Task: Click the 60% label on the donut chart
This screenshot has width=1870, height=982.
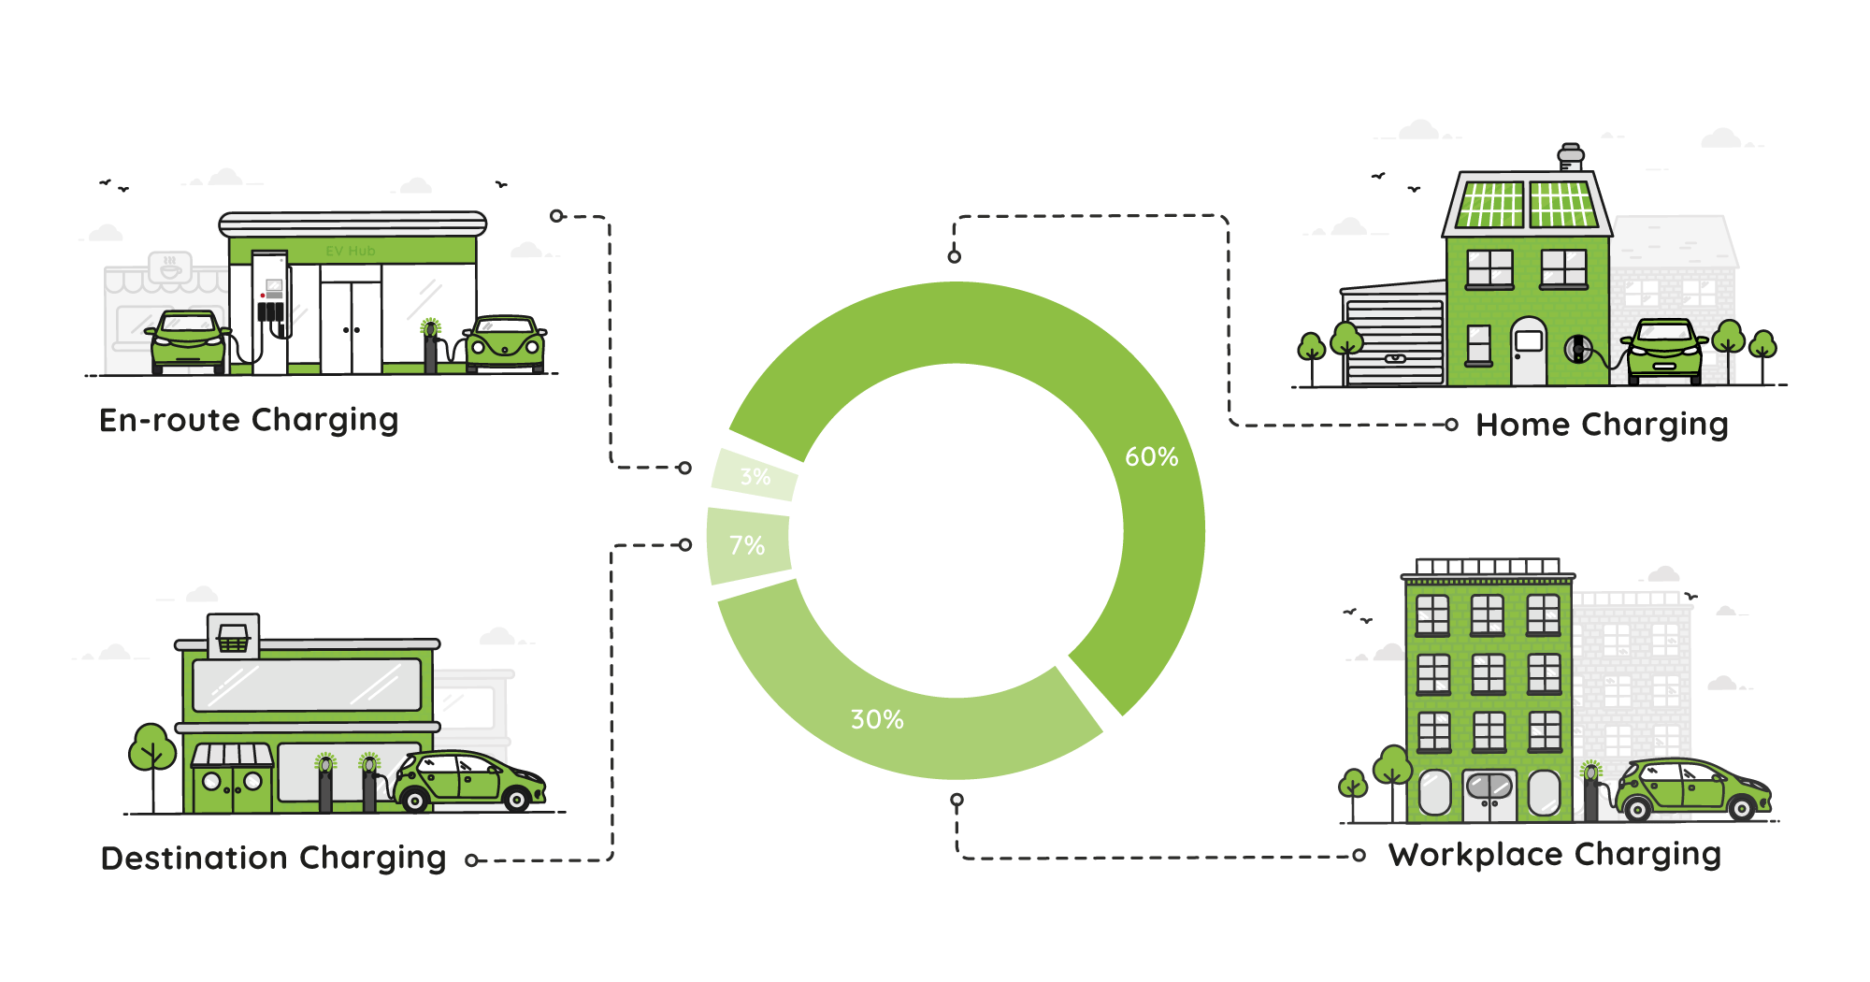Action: click(1151, 456)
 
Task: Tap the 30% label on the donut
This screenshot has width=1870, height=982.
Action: click(877, 719)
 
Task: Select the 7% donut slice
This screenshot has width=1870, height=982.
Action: click(747, 545)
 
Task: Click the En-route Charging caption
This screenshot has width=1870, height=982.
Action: click(249, 420)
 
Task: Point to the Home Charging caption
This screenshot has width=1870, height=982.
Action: click(1602, 425)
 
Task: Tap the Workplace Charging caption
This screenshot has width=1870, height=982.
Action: click(1554, 855)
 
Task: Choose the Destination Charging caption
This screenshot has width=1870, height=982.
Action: click(273, 858)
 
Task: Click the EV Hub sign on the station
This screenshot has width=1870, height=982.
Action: click(351, 251)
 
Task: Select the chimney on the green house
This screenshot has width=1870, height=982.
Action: click(1571, 156)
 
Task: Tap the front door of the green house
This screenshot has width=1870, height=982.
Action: click(1529, 352)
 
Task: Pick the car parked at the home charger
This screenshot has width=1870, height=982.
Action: click(1664, 351)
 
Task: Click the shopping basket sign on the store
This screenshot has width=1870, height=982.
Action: click(233, 638)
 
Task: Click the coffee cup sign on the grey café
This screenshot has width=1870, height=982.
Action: click(170, 267)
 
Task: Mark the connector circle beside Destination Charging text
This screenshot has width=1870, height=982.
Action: click(472, 860)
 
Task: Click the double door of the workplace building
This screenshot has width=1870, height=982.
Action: click(1489, 796)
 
